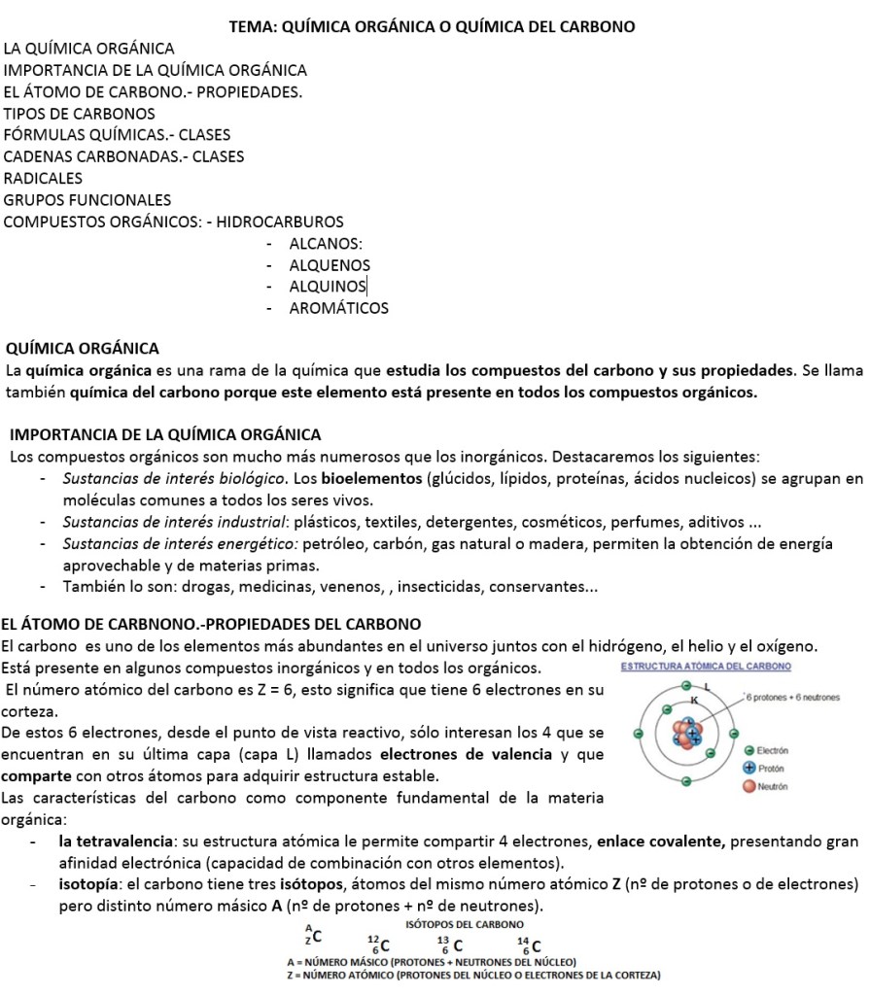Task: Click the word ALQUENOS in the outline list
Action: coord(330,265)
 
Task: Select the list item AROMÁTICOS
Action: coord(338,309)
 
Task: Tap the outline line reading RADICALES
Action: coord(43,179)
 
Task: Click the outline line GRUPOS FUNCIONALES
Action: coord(87,200)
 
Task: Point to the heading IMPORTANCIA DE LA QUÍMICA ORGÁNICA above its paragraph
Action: coord(164,433)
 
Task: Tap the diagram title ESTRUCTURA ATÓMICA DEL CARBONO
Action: coord(705,667)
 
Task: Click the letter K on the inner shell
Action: coord(694,699)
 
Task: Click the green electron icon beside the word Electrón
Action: coord(748,751)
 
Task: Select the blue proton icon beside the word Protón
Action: coord(748,768)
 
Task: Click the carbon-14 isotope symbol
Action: coord(529,944)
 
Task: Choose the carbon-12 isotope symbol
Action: coord(379,944)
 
